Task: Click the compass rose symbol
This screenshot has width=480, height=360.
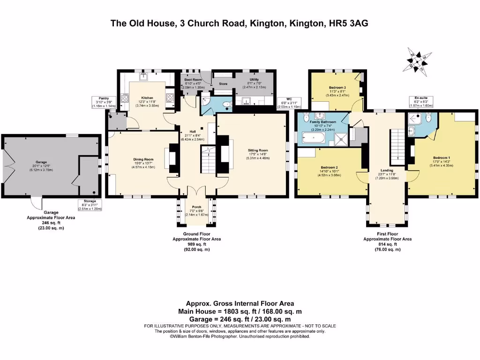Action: click(x=417, y=61)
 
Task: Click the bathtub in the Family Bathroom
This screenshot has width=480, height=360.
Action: click(x=313, y=138)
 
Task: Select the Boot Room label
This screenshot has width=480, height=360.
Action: click(x=193, y=80)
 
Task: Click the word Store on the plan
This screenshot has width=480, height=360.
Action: click(x=223, y=84)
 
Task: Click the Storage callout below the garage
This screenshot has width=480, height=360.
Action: click(x=89, y=204)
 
